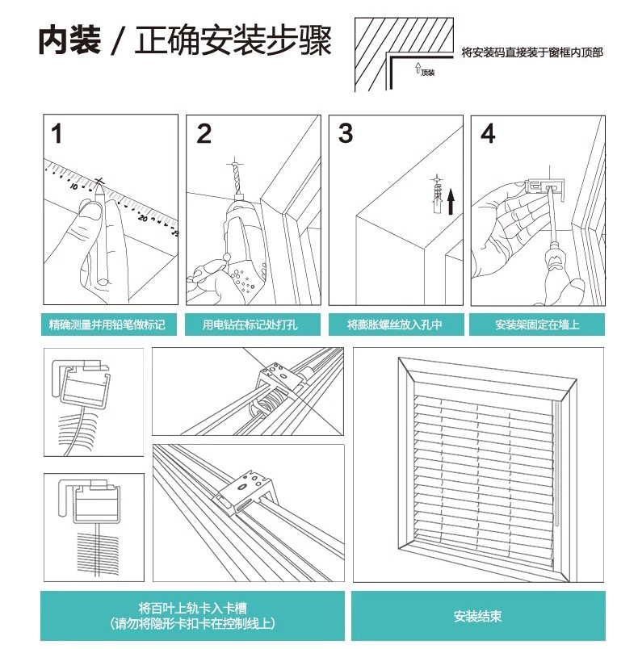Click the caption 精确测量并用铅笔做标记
[x=107, y=325]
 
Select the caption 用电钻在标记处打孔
[x=250, y=325]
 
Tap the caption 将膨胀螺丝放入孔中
[x=395, y=325]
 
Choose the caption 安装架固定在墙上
[x=537, y=325]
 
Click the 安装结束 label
[x=477, y=617]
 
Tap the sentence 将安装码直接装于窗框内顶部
[x=532, y=52]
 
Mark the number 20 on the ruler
[x=143, y=217]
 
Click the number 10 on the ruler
[x=74, y=186]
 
